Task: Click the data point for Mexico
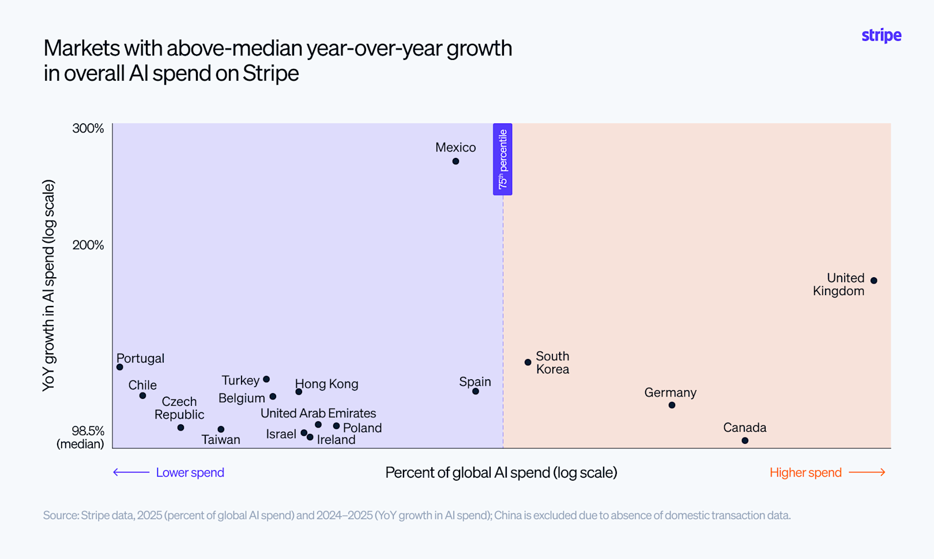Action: click(x=455, y=161)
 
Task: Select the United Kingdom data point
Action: click(x=873, y=281)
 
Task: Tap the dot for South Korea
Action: click(x=528, y=362)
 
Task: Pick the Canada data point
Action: click(x=745, y=441)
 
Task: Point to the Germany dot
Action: click(x=672, y=405)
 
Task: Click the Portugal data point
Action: click(x=120, y=367)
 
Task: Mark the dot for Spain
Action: click(x=475, y=391)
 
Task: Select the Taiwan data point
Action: click(x=221, y=429)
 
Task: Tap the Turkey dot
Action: click(x=266, y=379)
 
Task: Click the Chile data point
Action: click(x=142, y=395)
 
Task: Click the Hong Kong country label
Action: click(x=326, y=384)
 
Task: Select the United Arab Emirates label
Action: click(x=318, y=413)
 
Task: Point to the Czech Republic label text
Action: click(x=179, y=407)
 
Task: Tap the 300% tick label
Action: click(x=88, y=129)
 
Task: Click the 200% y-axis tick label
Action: click(x=88, y=245)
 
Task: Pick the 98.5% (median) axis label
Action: click(x=81, y=437)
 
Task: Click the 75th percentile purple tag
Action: click(x=502, y=159)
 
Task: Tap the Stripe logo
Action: click(x=882, y=35)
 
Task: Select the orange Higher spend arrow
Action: click(x=867, y=473)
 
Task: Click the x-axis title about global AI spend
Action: click(x=501, y=473)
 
